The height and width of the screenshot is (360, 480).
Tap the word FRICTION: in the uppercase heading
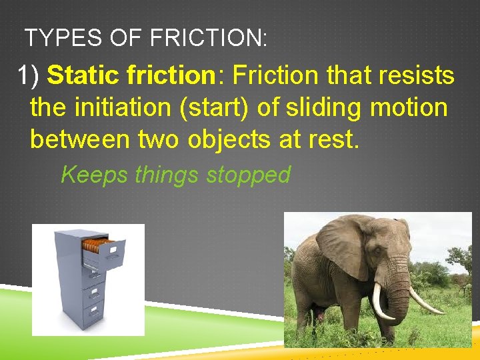209,38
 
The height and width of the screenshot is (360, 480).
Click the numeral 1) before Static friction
30,76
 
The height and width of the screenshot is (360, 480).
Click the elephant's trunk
399,293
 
